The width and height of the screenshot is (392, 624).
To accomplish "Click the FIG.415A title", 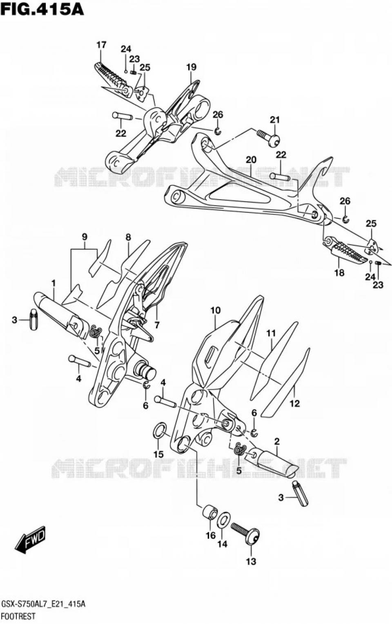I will pyautogui.click(x=42, y=9).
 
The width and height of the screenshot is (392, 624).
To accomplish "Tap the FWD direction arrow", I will pyautogui.click(x=31, y=540).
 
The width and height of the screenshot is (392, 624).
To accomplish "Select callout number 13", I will pyautogui.click(x=251, y=561).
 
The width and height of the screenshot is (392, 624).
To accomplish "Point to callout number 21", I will pyautogui.click(x=275, y=120).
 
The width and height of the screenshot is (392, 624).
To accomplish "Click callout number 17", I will pyautogui.click(x=101, y=45).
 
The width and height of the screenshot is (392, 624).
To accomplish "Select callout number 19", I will pyautogui.click(x=192, y=67).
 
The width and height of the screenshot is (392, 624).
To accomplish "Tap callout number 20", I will pyautogui.click(x=251, y=160).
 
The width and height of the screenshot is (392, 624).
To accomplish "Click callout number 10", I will pyautogui.click(x=216, y=311).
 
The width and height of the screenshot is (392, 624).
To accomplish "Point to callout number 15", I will pyautogui.click(x=158, y=454).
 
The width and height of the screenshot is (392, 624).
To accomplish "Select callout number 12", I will pyautogui.click(x=294, y=404).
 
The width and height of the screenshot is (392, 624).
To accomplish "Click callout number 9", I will pyautogui.click(x=85, y=237).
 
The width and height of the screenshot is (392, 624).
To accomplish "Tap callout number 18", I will pyautogui.click(x=339, y=273).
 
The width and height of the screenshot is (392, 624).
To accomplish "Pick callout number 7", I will pyautogui.click(x=157, y=325).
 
